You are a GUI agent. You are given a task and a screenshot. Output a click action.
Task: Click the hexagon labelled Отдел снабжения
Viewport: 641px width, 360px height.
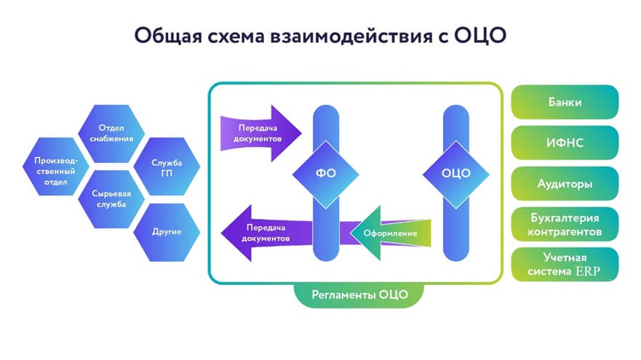pyautogui.click(x=111, y=133)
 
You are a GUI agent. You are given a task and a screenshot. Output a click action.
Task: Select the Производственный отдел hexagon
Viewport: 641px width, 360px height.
pyautogui.click(x=55, y=167)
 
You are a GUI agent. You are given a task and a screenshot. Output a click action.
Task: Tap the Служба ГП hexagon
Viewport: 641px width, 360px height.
pyautogui.click(x=167, y=167)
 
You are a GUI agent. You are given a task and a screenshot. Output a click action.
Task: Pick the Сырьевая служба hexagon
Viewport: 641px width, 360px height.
pyautogui.click(x=111, y=199)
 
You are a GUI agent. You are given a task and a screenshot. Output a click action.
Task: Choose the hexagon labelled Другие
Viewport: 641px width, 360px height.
pyautogui.click(x=167, y=232)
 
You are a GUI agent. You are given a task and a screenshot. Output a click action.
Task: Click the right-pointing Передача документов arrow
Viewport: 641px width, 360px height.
pyautogui.click(x=260, y=133)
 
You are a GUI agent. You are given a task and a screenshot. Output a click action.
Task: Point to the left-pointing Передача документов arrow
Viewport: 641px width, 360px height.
pyautogui.click(x=266, y=233)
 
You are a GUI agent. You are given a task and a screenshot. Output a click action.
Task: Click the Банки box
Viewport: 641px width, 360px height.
pyautogui.click(x=565, y=102)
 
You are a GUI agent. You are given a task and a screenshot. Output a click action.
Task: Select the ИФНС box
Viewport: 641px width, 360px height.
pyautogui.click(x=565, y=143)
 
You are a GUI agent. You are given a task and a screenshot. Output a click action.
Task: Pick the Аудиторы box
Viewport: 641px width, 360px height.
pyautogui.click(x=565, y=183)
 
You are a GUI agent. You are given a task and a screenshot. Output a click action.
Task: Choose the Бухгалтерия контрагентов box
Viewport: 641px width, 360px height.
pyautogui.click(x=565, y=224)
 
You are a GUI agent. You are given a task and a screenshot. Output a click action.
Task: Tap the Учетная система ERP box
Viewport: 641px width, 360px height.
pyautogui.click(x=565, y=265)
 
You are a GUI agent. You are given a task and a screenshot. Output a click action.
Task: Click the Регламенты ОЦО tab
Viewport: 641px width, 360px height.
pyautogui.click(x=359, y=295)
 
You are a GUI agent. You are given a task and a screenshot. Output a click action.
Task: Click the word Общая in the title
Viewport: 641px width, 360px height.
pyautogui.click(x=168, y=36)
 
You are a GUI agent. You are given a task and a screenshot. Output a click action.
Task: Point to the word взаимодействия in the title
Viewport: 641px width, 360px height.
pyautogui.click(x=351, y=36)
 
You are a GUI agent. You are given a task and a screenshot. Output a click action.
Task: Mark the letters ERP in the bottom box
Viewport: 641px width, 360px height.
pyautogui.click(x=588, y=271)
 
